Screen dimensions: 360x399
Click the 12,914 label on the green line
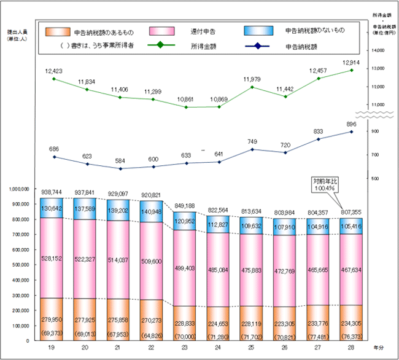352,63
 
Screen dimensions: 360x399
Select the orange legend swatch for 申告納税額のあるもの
55,31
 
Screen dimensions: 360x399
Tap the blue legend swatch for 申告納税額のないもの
257,31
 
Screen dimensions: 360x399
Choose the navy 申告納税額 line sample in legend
257,45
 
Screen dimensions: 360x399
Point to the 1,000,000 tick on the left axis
20,189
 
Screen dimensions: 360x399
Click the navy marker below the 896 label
352,131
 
